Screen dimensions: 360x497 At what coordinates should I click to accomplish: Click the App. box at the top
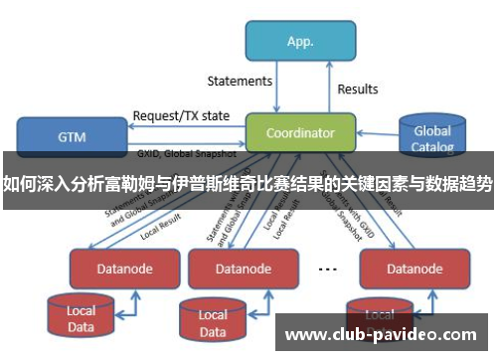click(x=300, y=42)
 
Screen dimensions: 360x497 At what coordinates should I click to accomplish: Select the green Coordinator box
click(x=299, y=132)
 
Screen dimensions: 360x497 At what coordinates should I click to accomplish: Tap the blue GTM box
click(x=71, y=136)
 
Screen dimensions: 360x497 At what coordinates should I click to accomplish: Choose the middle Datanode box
click(x=243, y=269)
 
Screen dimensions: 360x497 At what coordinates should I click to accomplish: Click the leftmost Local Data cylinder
click(x=82, y=317)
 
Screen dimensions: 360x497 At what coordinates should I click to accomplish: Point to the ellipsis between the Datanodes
click(x=327, y=269)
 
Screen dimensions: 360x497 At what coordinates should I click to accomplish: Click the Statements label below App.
click(x=239, y=81)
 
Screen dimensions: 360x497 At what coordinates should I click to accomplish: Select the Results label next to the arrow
click(x=358, y=90)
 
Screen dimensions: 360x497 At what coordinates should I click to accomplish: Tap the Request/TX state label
click(x=181, y=114)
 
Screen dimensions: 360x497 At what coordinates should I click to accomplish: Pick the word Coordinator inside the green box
click(x=299, y=132)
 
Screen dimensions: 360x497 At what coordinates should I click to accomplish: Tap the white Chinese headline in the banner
click(x=248, y=183)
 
